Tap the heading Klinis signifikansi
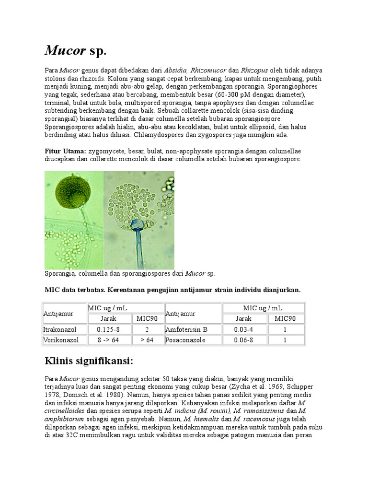pos(89,360)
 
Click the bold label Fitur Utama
pos(65,151)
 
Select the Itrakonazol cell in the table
pos(60,329)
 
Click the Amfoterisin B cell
pos(186,329)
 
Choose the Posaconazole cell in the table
pos(185,340)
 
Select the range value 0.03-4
pos(243,329)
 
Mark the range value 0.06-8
pos(243,340)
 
